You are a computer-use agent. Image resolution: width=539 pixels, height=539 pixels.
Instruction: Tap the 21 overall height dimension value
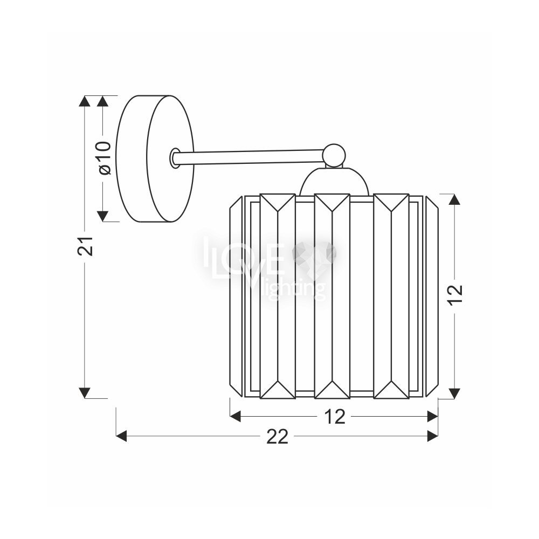pyautogui.click(x=85, y=246)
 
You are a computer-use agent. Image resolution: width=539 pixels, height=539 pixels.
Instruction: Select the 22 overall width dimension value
pyautogui.click(x=277, y=437)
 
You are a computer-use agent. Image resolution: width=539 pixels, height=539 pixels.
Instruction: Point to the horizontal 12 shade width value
pyautogui.click(x=335, y=417)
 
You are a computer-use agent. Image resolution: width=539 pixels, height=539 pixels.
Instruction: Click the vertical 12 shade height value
pyautogui.click(x=455, y=293)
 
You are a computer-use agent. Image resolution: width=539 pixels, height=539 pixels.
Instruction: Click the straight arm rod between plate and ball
pyautogui.click(x=249, y=157)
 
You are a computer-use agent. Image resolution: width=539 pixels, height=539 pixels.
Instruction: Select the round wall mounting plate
pyautogui.click(x=155, y=158)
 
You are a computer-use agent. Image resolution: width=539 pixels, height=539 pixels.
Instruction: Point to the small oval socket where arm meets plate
pyautogui.click(x=175, y=158)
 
